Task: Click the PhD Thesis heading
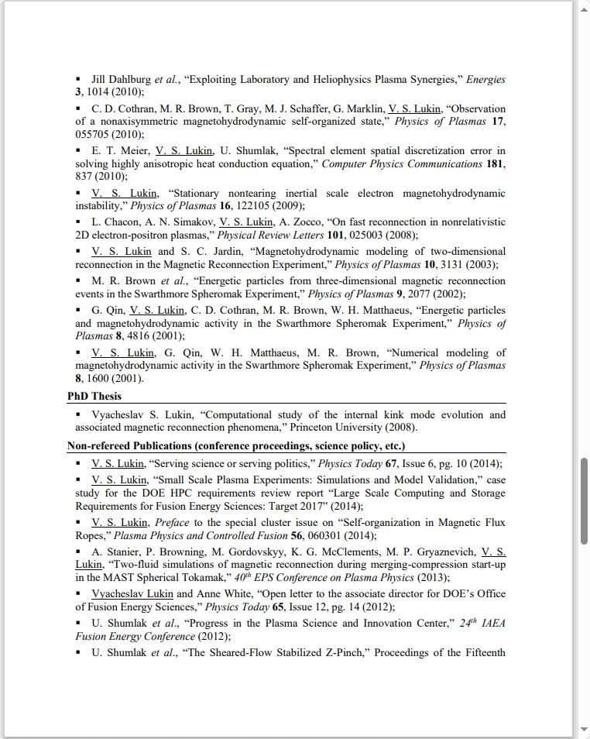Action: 94,396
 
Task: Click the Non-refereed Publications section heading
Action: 236,446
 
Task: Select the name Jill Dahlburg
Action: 122,79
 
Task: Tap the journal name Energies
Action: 485,79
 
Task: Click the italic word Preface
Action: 172,522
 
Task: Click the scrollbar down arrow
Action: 583,730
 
